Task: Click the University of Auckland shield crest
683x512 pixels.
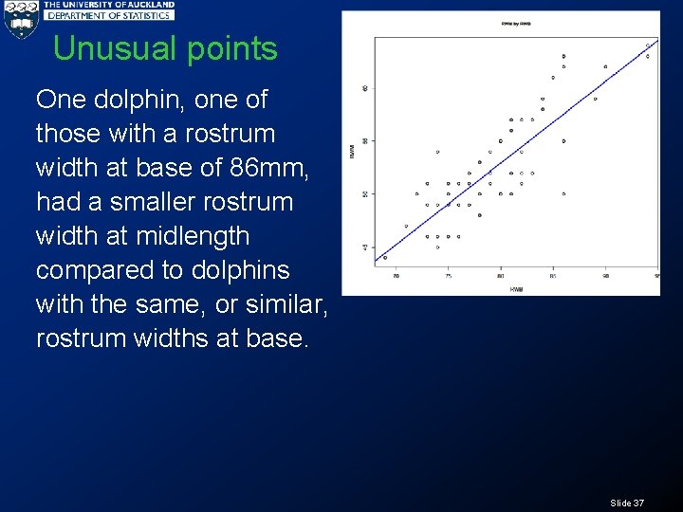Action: click(x=20, y=20)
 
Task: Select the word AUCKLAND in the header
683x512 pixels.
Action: click(x=147, y=5)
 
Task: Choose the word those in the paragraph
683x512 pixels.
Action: click(x=67, y=134)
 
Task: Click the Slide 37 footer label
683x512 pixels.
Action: click(x=627, y=503)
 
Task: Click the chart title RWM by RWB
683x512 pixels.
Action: click(x=516, y=23)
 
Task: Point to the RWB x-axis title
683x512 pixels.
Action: click(x=516, y=288)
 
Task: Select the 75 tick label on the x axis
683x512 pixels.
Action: click(x=449, y=276)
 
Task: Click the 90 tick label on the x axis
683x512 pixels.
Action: click(x=605, y=276)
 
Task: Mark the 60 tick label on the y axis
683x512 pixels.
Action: click(x=366, y=88)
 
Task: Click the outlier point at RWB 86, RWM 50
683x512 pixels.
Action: click(x=563, y=193)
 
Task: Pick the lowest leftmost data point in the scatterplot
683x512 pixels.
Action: click(x=385, y=257)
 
